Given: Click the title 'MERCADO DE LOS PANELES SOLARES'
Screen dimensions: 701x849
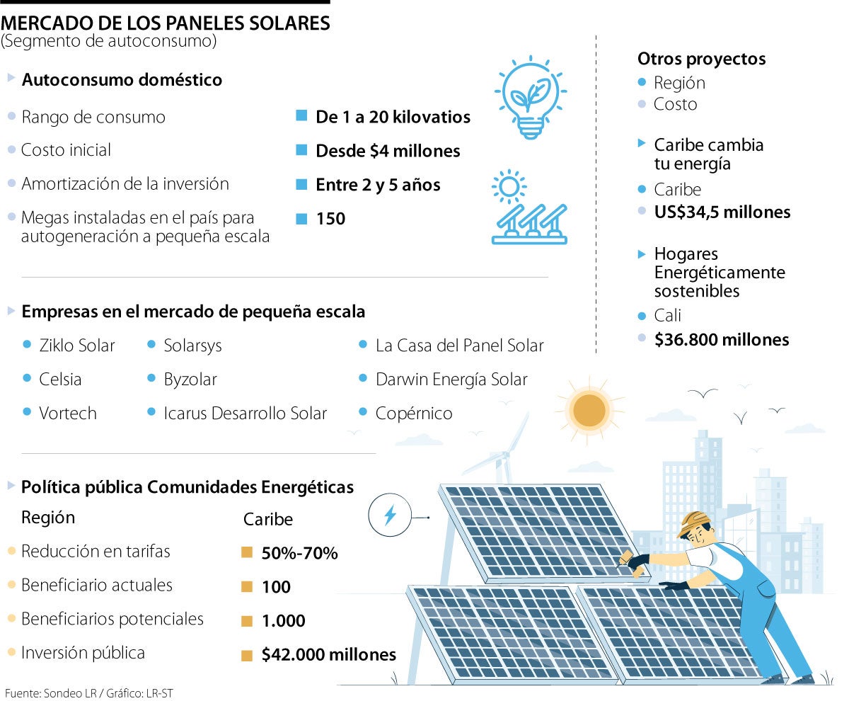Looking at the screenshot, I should coord(166,23).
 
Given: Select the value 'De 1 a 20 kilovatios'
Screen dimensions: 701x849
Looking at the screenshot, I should coord(393,117).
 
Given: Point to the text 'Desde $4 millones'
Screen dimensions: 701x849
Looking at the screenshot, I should coord(388,151).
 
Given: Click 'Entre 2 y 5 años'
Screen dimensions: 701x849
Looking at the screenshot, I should coord(378,185).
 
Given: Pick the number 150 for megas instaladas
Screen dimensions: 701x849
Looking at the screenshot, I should coord(330,219).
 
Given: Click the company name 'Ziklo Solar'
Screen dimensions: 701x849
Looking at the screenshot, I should coord(77,346).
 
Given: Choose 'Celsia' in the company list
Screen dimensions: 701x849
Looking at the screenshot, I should coord(61,380).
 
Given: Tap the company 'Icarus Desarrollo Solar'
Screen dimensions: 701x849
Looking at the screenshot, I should coord(245,414).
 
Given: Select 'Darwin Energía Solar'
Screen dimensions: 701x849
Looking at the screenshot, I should coord(451,380).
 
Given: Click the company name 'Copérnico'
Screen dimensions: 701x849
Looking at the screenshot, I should coord(414,414).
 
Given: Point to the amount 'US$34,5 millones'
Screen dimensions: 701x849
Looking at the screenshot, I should coord(722,212).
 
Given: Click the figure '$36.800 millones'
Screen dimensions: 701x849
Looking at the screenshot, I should coord(722,340).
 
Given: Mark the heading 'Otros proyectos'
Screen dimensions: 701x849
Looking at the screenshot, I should coord(701,59).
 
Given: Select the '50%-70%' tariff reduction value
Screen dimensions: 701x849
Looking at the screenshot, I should coord(299,553).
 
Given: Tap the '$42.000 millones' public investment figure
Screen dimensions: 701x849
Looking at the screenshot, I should coord(328,655).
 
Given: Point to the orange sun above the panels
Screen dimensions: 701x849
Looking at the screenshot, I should coord(589,409).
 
